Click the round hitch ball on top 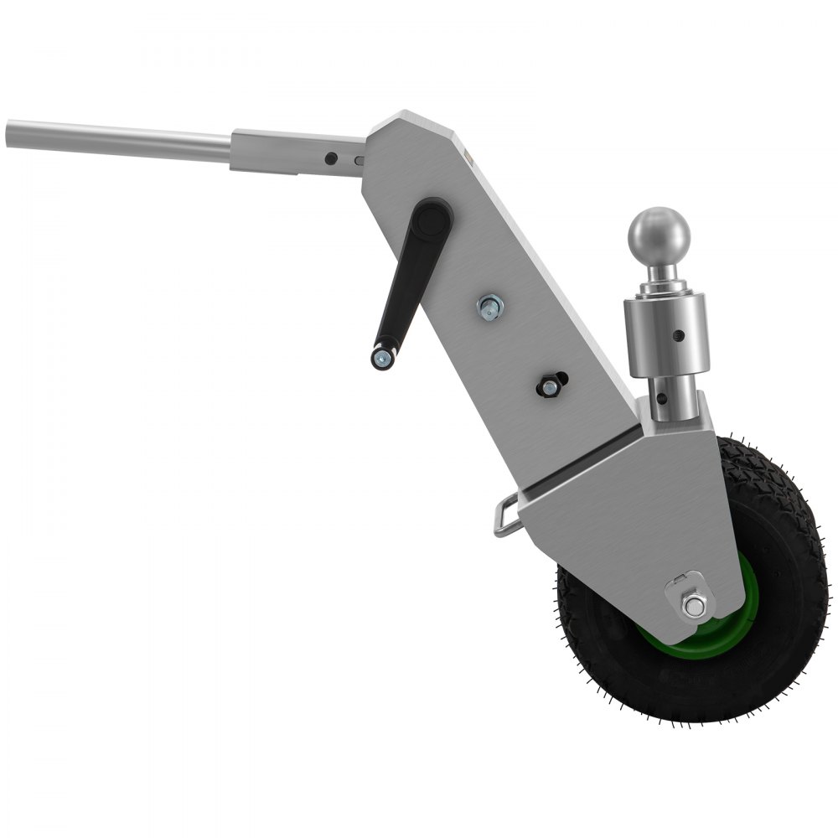point(659,235)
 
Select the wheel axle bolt point(691,604)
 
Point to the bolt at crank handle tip point(382,360)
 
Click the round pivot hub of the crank point(433,220)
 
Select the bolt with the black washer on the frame point(549,386)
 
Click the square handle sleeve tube point(293,152)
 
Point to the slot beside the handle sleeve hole point(359,159)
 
